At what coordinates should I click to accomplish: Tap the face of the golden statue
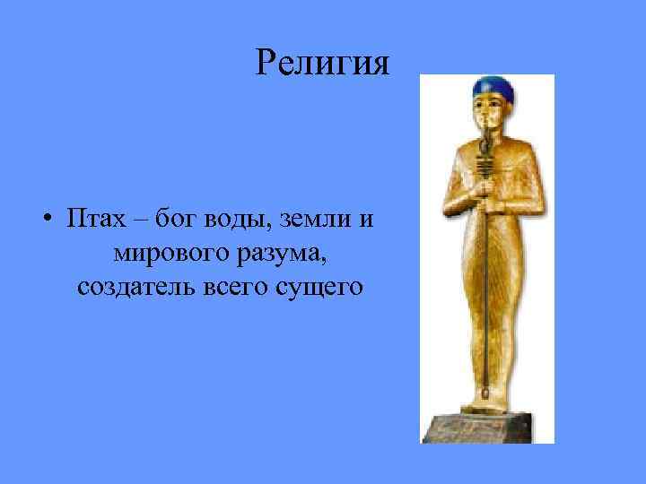pos(490,114)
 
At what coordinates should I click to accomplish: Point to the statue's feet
pos(489,399)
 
